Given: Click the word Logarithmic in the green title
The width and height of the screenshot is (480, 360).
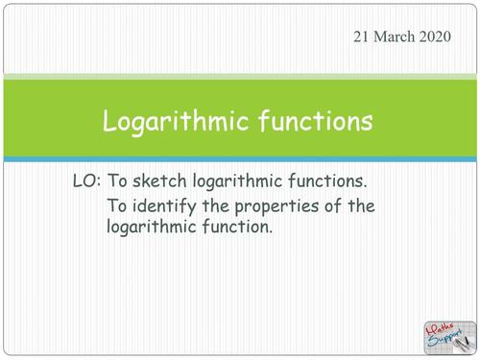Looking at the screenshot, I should [x=180, y=122].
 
